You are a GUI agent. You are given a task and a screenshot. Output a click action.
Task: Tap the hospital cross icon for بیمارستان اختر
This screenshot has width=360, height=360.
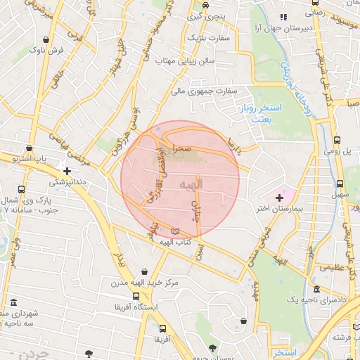pos(280,198)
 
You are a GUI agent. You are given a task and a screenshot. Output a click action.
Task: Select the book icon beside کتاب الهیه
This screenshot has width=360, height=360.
pos(175,232)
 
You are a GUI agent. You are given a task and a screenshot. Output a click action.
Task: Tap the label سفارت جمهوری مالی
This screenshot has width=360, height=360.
pos(204,91)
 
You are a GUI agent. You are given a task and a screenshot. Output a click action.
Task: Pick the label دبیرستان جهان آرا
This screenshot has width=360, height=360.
pos(286,30)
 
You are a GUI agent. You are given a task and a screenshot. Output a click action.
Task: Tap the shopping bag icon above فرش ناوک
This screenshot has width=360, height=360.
pos(46,40)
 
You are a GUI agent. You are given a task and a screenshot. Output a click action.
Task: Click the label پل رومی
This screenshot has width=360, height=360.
pos(336,150)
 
